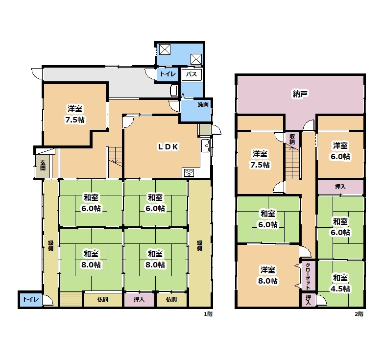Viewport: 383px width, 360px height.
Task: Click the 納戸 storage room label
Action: [300, 94]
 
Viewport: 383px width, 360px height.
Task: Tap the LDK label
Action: [168, 146]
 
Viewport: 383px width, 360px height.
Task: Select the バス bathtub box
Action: [191, 74]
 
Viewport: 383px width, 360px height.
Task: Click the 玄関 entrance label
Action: [43, 165]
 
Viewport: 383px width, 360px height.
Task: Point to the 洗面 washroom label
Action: [203, 104]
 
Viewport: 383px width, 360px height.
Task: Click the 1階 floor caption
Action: [208, 314]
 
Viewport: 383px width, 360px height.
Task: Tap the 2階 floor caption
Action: [359, 314]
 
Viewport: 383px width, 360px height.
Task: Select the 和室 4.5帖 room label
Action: [340, 283]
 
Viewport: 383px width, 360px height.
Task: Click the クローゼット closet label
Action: [308, 276]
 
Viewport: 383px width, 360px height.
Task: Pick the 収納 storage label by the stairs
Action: [292, 139]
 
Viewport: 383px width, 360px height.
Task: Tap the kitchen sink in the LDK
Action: [205, 146]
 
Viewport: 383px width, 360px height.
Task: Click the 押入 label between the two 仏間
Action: [139, 299]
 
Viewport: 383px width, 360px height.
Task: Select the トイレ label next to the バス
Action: [168, 74]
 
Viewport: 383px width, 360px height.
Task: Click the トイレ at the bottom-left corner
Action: [31, 299]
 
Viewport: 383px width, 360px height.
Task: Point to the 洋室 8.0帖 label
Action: [268, 275]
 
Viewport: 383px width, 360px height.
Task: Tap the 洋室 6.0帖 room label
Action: [340, 151]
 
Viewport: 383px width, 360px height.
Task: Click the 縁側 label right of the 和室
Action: [199, 246]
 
